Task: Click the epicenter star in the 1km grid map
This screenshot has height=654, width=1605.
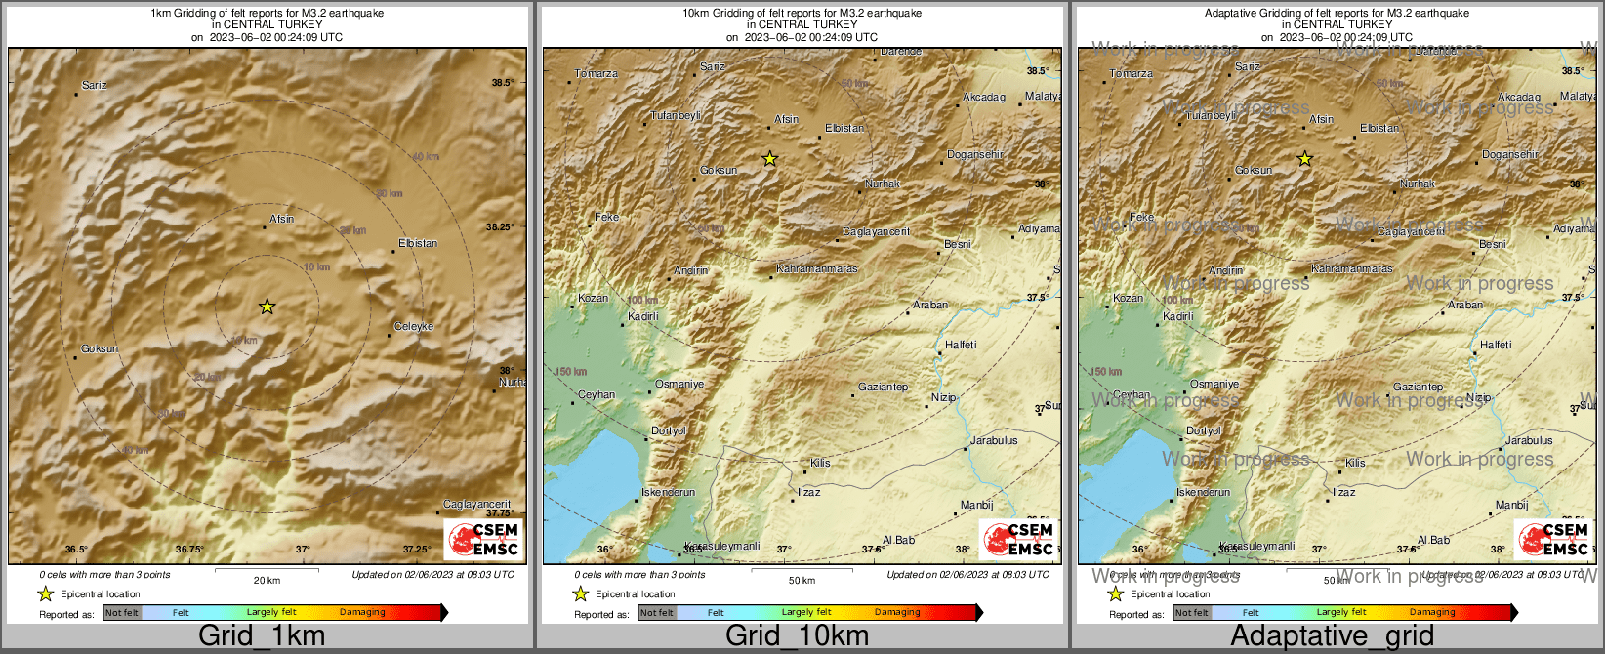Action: [x=267, y=307]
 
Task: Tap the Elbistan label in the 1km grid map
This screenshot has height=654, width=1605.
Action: [x=418, y=243]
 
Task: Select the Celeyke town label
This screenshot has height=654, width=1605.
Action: [x=414, y=326]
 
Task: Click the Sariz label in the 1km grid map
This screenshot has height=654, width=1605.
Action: [x=95, y=85]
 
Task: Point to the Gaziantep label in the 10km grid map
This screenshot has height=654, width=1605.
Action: [x=883, y=387]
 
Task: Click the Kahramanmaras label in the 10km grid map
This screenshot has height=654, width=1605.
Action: [x=817, y=268]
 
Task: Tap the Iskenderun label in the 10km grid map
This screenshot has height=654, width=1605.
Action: [x=668, y=492]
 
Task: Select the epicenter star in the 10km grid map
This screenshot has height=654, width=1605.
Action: [x=769, y=158]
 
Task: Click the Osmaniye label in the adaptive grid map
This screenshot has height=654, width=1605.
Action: [x=1214, y=384]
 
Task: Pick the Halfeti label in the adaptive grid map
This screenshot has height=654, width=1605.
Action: [x=1495, y=345]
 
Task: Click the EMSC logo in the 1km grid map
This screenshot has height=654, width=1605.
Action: [x=483, y=539]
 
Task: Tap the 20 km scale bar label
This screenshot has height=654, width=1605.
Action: [x=267, y=580]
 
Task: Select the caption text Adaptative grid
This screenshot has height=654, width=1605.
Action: [x=1332, y=635]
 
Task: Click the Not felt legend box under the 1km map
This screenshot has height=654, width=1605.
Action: [x=122, y=613]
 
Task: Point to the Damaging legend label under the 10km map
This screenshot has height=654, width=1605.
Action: [x=896, y=612]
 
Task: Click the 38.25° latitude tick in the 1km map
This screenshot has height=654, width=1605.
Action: [x=500, y=226]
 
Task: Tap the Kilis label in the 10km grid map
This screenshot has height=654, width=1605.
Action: [x=820, y=462]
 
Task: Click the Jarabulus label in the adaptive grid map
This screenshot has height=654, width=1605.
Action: [x=1529, y=440]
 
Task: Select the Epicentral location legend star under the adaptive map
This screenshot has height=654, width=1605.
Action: [x=1115, y=593]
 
